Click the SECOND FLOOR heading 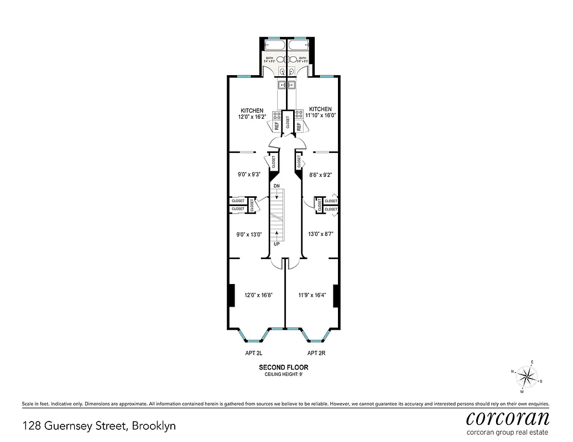pos(284,367)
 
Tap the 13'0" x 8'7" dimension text pos(320,234)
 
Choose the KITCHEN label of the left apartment pos(252,110)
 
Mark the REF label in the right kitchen pos(298,126)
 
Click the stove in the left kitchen pos(277,115)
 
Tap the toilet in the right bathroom pos(291,71)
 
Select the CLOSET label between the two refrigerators pos(288,122)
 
